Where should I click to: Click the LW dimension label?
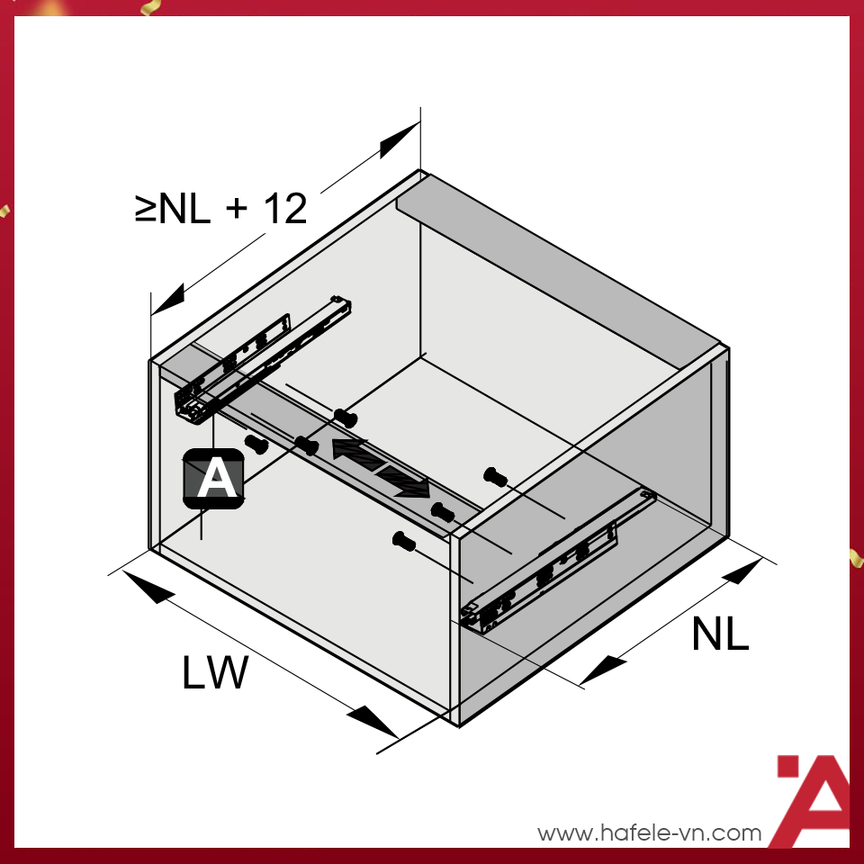[214, 673]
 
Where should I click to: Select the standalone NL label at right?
[720, 635]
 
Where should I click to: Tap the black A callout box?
[213, 478]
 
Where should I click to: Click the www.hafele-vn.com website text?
[649, 832]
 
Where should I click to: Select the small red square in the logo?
[787, 766]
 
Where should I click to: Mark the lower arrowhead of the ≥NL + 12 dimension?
[168, 300]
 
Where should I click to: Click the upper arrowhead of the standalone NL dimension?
[741, 573]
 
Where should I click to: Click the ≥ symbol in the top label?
[146, 210]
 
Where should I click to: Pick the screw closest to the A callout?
[257, 444]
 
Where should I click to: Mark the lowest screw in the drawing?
[404, 541]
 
